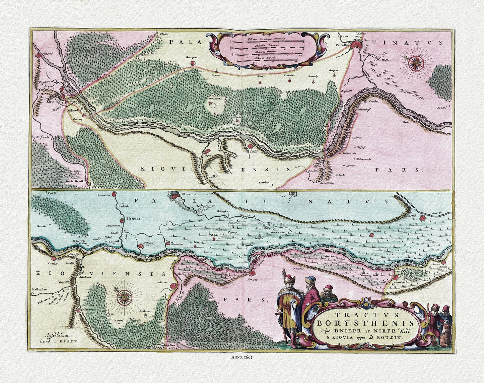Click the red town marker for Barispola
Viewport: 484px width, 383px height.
tap(192, 62)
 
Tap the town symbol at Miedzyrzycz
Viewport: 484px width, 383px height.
tap(78, 310)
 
